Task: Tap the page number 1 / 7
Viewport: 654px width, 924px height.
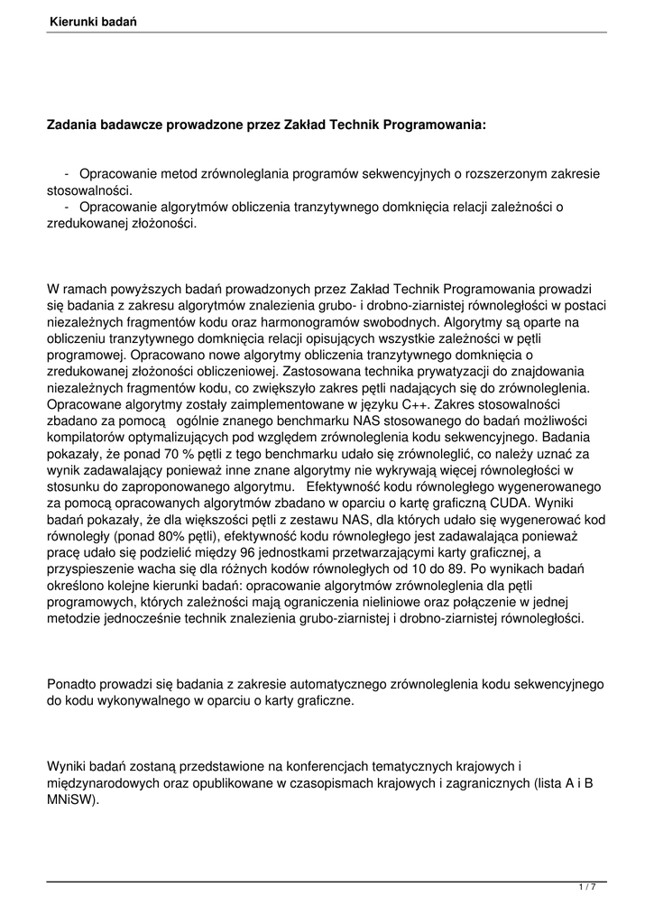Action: coord(586,887)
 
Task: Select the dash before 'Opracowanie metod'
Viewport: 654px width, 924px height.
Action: coord(68,173)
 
